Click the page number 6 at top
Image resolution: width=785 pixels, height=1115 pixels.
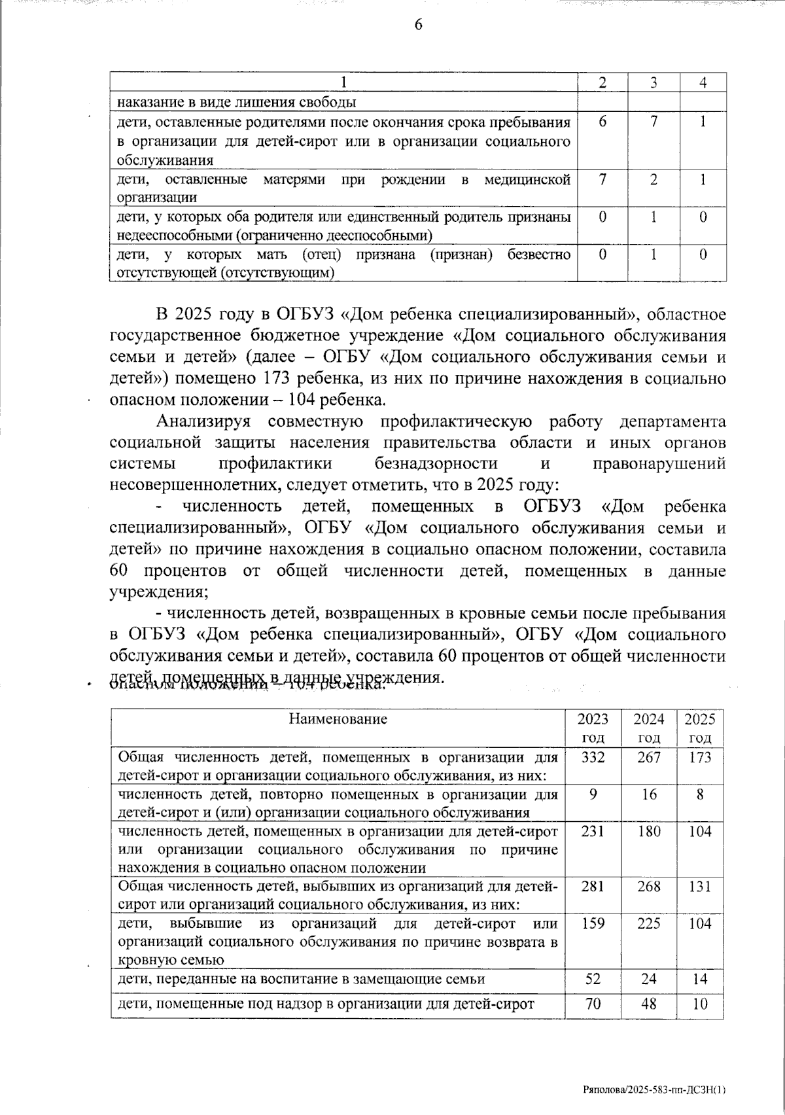coord(418,25)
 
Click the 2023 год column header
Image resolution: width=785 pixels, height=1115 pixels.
coord(593,728)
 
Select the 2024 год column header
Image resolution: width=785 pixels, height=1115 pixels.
coord(648,728)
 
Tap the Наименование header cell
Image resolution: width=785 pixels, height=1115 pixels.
coord(338,720)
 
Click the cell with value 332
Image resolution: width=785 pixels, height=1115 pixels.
coord(593,757)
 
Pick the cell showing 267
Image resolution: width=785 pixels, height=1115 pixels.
coord(648,757)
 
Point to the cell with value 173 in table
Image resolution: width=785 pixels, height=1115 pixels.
coord(700,757)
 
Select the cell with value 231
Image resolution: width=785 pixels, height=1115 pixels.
coord(593,831)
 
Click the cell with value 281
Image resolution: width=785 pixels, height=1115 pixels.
coord(593,887)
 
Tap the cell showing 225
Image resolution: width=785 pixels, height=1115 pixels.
coord(648,924)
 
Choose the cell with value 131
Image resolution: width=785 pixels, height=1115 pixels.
coord(700,887)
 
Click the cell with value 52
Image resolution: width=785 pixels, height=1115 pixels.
coord(593,979)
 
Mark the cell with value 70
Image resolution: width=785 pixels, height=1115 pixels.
coord(593,1004)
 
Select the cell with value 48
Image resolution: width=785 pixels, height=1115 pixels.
coord(648,1004)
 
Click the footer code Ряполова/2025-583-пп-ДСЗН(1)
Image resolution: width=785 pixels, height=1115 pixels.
coord(654,1090)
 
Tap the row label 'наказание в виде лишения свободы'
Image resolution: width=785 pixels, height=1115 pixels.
coord(237,102)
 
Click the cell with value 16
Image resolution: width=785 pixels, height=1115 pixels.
coord(648,794)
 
